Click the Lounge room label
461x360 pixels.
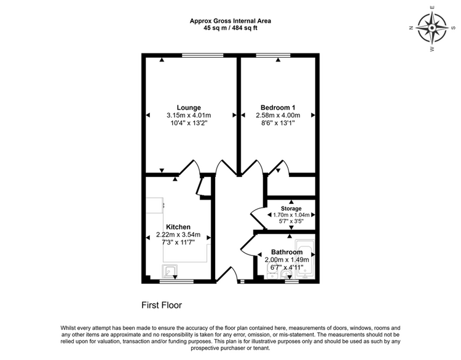pos(189,108)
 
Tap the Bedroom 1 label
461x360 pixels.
pos(278,108)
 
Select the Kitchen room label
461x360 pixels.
pos(178,227)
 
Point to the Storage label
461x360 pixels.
pos(291,208)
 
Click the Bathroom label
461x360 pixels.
pos(286,252)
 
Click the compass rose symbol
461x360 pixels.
pos(432,28)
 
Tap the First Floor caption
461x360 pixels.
pos(162,305)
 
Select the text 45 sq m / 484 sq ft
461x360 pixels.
pos(230,28)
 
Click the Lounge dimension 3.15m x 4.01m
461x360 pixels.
pos(189,115)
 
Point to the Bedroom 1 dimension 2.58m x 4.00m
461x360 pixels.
pos(278,115)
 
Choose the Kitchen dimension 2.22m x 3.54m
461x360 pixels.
pos(178,235)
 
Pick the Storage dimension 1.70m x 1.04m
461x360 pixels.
pos(291,215)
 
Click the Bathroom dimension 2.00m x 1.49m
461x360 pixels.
pos(286,260)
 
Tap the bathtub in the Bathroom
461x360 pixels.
pos(305,259)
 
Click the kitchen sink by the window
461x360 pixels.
pos(170,271)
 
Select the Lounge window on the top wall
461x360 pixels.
pos(203,55)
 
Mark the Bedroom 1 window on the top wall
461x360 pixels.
pos(273,55)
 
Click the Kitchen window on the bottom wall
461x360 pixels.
pos(176,281)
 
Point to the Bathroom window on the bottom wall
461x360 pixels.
pos(291,281)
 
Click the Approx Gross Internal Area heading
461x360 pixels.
pos(230,21)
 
